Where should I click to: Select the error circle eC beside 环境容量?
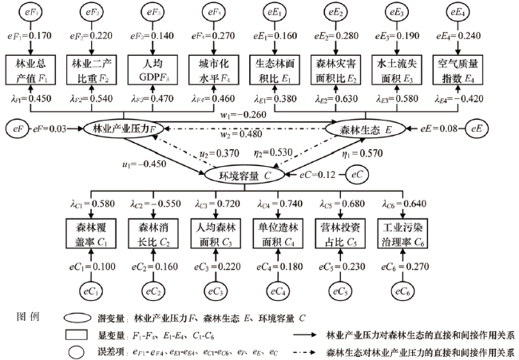pyautogui.click(x=360, y=174)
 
